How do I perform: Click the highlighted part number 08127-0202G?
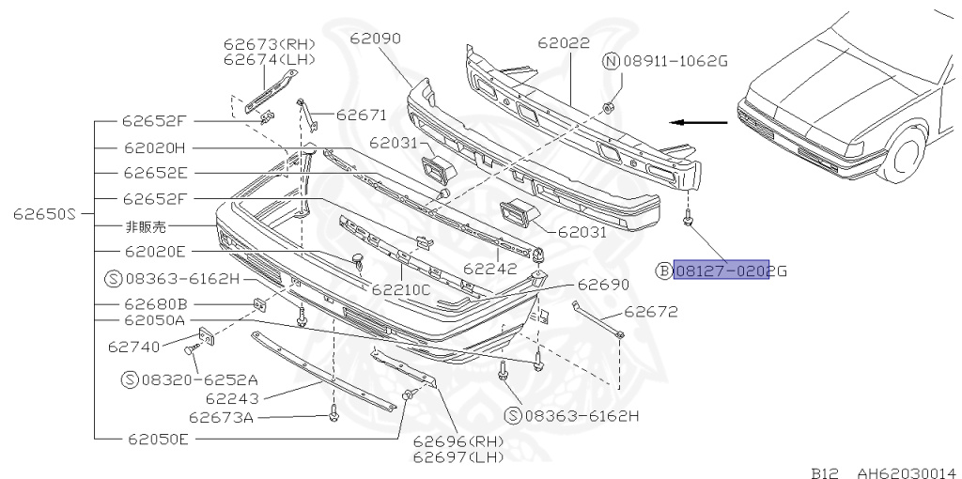pyautogui.click(x=721, y=270)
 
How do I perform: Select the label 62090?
pyautogui.click(x=375, y=39)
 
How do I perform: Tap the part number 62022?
pyautogui.click(x=564, y=43)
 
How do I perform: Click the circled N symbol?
pyautogui.click(x=611, y=62)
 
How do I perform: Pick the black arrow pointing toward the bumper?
pyautogui.click(x=699, y=122)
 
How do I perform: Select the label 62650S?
pyautogui.click(x=44, y=213)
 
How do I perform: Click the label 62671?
pyautogui.click(x=361, y=116)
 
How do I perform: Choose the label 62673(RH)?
pyautogui.click(x=269, y=44)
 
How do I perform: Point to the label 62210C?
pyautogui.click(x=400, y=290)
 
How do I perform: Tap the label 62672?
pyautogui.click(x=650, y=313)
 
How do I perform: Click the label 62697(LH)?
pyautogui.click(x=458, y=456)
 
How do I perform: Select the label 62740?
pyautogui.click(x=133, y=346)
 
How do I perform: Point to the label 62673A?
pyautogui.click(x=221, y=417)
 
